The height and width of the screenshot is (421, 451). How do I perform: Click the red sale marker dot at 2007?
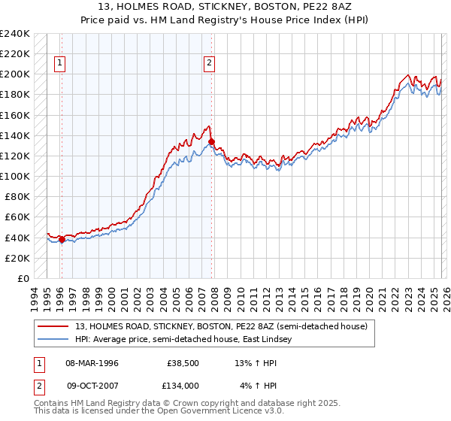[211, 141]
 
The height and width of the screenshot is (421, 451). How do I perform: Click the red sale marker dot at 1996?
[62, 239]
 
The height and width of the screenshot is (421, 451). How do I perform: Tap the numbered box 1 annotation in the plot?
[59, 64]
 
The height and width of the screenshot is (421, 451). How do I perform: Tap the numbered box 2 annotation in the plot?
[209, 64]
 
